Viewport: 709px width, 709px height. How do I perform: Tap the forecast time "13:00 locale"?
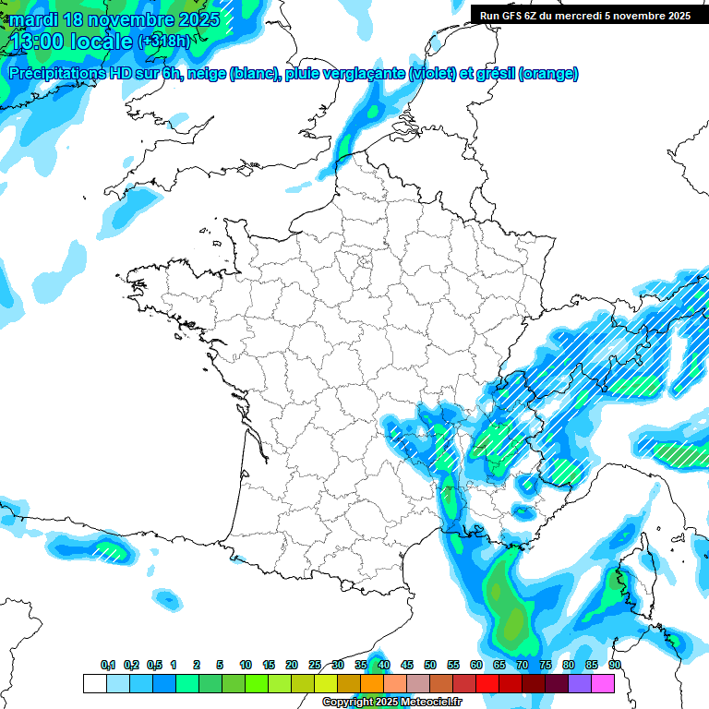(x=70, y=40)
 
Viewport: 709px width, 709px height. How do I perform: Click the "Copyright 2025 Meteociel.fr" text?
(x=391, y=703)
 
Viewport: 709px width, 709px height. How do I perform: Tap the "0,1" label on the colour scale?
(x=108, y=665)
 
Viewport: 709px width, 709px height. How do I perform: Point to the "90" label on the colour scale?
(x=615, y=665)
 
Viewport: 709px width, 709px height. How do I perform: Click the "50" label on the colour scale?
(x=430, y=665)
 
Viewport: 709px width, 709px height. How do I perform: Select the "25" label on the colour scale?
(x=315, y=665)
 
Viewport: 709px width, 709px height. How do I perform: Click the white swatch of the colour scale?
(x=94, y=683)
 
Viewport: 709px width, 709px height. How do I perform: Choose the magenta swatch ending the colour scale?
(x=603, y=683)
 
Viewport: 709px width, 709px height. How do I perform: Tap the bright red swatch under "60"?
(x=487, y=683)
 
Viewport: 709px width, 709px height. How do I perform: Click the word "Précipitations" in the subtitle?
(x=55, y=74)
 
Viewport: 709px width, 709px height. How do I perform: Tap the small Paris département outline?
(x=364, y=261)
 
